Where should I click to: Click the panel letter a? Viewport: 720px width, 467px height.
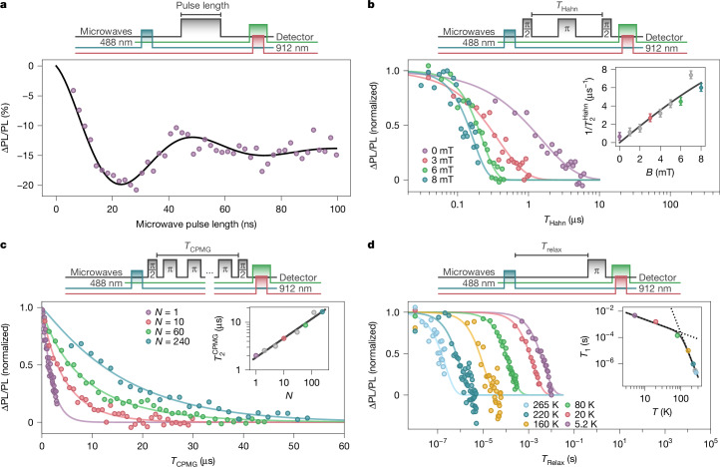click(x=7, y=8)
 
